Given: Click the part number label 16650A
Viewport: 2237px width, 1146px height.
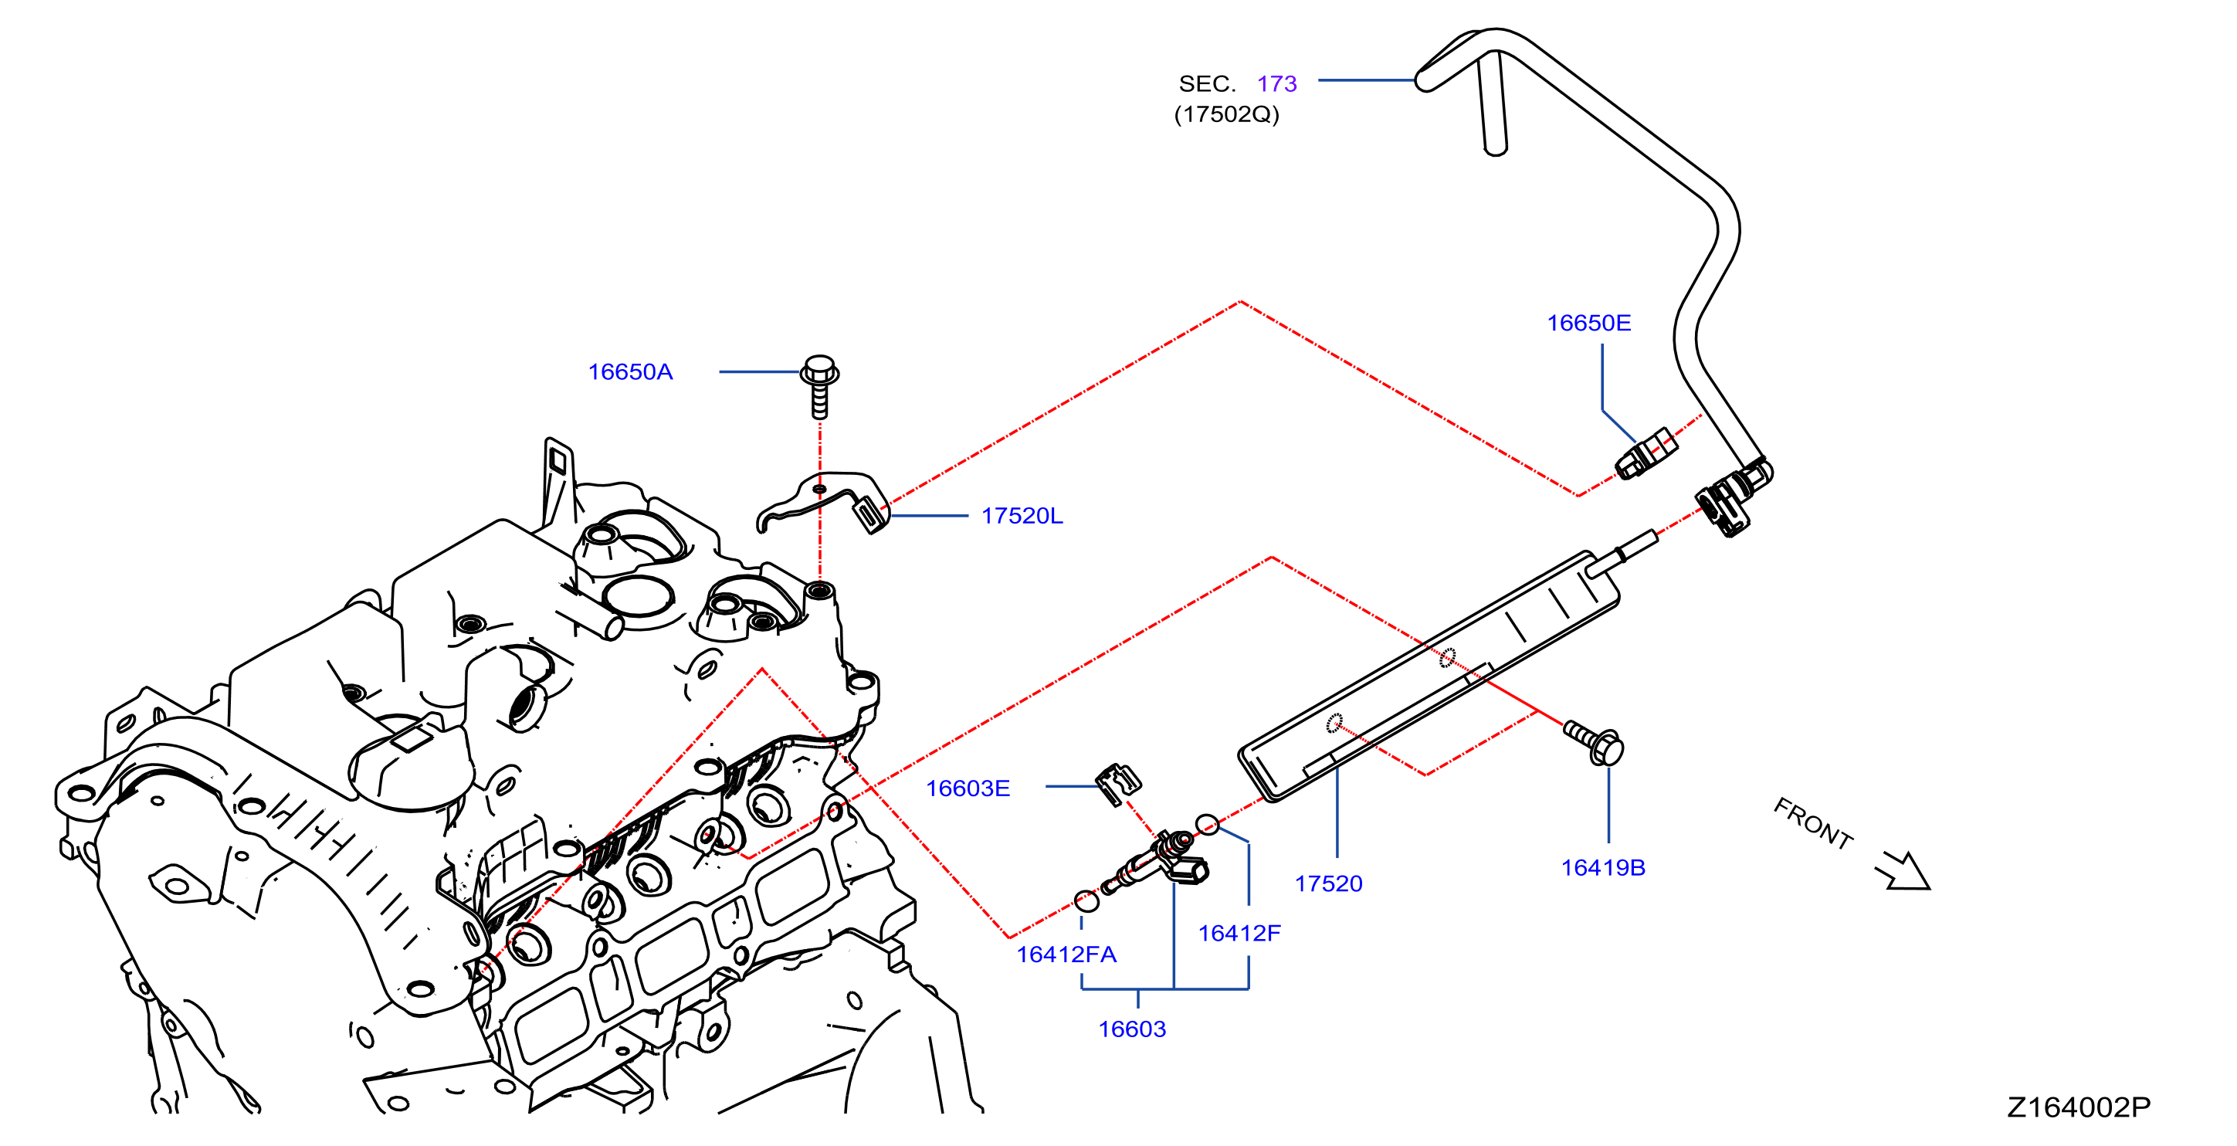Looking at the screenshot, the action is tap(630, 372).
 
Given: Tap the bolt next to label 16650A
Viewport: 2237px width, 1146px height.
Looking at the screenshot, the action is tap(819, 386).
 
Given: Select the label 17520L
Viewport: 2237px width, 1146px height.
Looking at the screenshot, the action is tap(1022, 517).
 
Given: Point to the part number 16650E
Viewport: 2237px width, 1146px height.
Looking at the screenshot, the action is tap(1588, 324).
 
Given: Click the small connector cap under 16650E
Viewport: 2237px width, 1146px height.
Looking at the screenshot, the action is tap(1646, 453).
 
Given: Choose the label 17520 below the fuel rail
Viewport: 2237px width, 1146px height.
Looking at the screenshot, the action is tap(1329, 883).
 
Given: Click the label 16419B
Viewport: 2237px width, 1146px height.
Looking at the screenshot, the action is tap(1603, 868).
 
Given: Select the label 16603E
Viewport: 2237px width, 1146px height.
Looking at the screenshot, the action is tap(968, 788).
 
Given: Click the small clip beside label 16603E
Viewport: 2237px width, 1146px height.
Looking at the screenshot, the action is tap(1117, 784).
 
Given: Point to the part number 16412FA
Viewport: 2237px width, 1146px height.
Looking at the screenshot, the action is tap(1066, 955).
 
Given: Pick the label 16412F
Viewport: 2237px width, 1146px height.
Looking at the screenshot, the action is tap(1239, 934).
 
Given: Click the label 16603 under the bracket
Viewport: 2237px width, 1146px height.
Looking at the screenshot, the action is tap(1131, 1029).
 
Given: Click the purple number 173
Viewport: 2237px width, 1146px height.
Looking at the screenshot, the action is tap(1276, 84).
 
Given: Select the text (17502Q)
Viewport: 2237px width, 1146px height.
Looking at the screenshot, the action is tap(1226, 114).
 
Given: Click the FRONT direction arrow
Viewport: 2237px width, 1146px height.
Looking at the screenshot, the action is tap(1904, 873).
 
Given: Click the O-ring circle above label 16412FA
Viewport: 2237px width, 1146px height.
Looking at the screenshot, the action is tap(1086, 901).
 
